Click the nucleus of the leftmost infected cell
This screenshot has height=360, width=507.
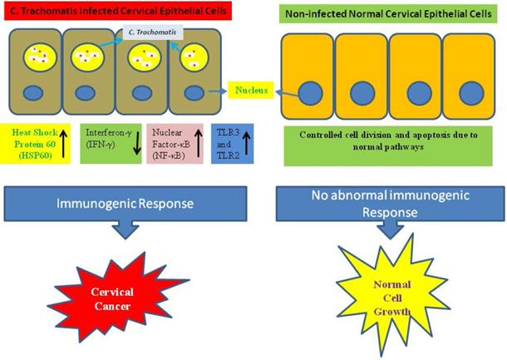coord(37,94)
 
